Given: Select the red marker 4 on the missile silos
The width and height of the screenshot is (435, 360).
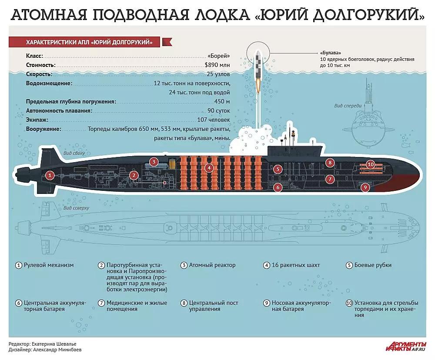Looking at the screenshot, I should pyautogui.click(x=209, y=167).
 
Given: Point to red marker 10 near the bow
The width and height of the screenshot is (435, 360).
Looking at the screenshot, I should pyautogui.click(x=371, y=164).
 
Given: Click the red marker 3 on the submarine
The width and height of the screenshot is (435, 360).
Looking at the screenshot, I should pyautogui.click(x=153, y=162).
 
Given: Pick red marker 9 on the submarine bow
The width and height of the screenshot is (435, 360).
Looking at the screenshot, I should pyautogui.click(x=365, y=187).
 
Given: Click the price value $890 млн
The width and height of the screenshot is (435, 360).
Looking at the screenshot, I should pyautogui.click(x=217, y=65).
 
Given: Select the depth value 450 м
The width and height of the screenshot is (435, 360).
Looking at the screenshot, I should pyautogui.click(x=222, y=101).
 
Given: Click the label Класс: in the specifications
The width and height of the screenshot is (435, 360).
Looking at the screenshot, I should pyautogui.click(x=34, y=56).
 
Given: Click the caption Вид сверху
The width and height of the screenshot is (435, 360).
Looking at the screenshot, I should pyautogui.click(x=76, y=208).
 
